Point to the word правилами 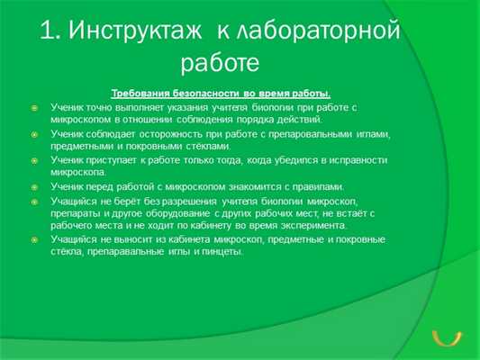point(291,186)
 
